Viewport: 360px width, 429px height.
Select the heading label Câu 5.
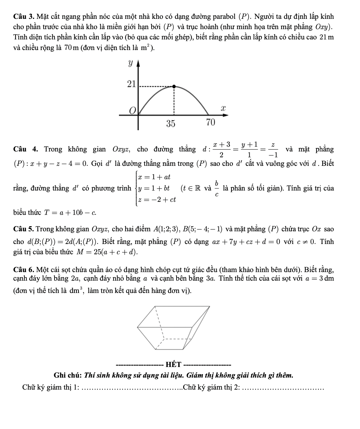coord(23,229)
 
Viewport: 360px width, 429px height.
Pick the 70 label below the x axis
coord(210,122)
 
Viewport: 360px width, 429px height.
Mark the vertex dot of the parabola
coord(174,87)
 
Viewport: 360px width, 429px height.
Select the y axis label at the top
coord(130,63)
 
